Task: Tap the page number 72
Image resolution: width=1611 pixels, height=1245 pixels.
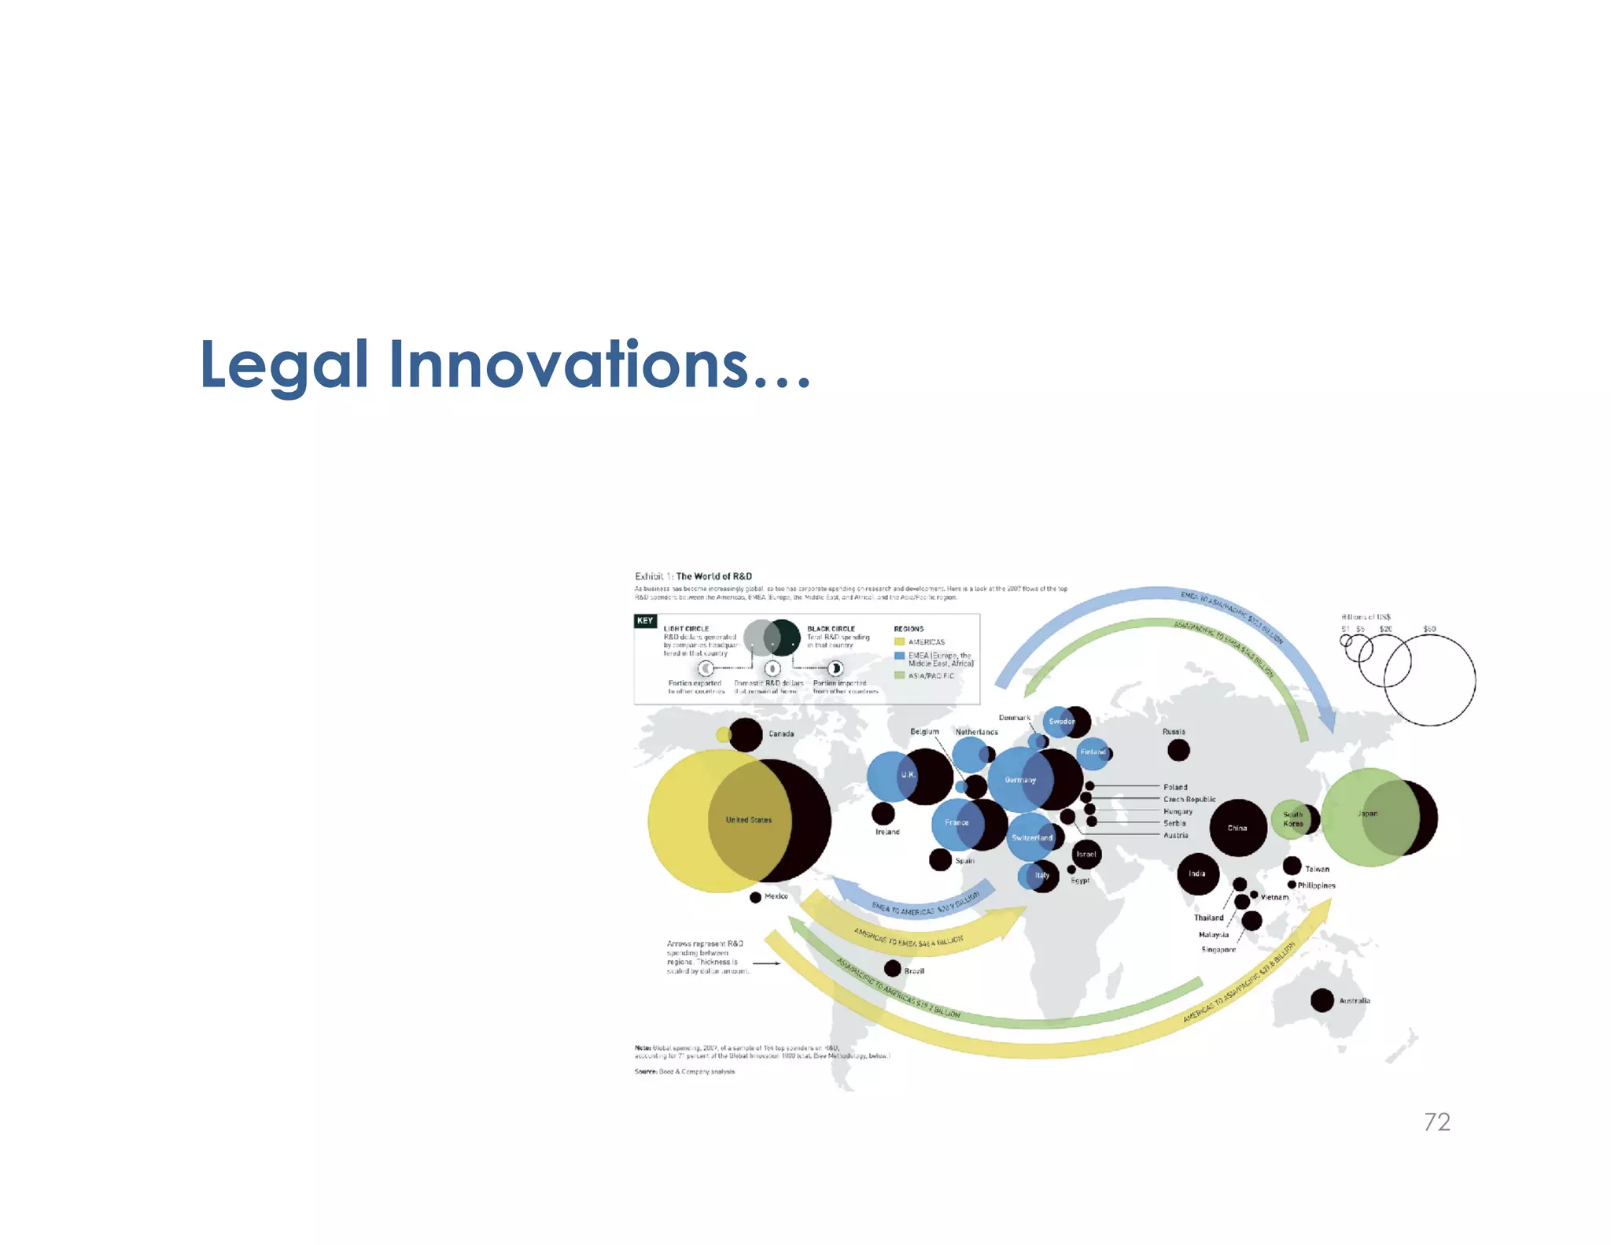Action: click(x=1436, y=1121)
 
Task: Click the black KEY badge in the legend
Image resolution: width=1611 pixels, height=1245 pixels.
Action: click(x=645, y=621)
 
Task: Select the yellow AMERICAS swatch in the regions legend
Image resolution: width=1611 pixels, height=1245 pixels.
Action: click(x=899, y=642)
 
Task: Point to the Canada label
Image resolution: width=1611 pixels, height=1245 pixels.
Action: click(x=781, y=733)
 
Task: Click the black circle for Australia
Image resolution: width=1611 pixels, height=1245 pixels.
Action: click(x=1322, y=1000)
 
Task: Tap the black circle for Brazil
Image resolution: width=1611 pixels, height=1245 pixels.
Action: click(x=893, y=968)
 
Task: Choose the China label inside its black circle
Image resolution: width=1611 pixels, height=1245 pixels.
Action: click(x=1237, y=828)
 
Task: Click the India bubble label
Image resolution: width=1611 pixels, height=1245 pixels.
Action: click(x=1196, y=874)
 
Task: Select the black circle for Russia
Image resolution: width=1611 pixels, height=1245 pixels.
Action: click(x=1178, y=750)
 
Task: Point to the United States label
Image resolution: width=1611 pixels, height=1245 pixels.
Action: click(x=748, y=820)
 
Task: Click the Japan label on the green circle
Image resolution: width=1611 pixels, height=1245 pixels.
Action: click(x=1367, y=814)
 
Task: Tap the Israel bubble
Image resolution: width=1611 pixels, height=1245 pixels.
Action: click(x=1086, y=854)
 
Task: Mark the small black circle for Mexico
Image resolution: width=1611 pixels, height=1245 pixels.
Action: click(x=755, y=897)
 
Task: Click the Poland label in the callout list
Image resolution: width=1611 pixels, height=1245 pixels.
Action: click(x=1175, y=787)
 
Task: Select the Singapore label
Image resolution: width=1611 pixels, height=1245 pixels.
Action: click(x=1218, y=950)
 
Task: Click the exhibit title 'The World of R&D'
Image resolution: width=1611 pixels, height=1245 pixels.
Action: click(x=713, y=576)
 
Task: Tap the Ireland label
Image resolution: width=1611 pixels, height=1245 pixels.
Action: click(x=887, y=832)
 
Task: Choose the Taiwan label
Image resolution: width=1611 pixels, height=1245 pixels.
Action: click(x=1317, y=869)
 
